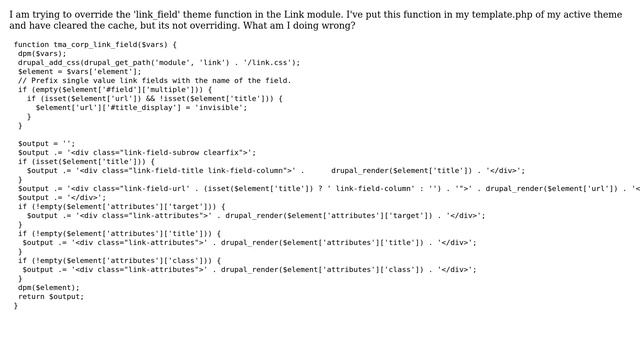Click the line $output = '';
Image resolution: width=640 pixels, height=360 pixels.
47,143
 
